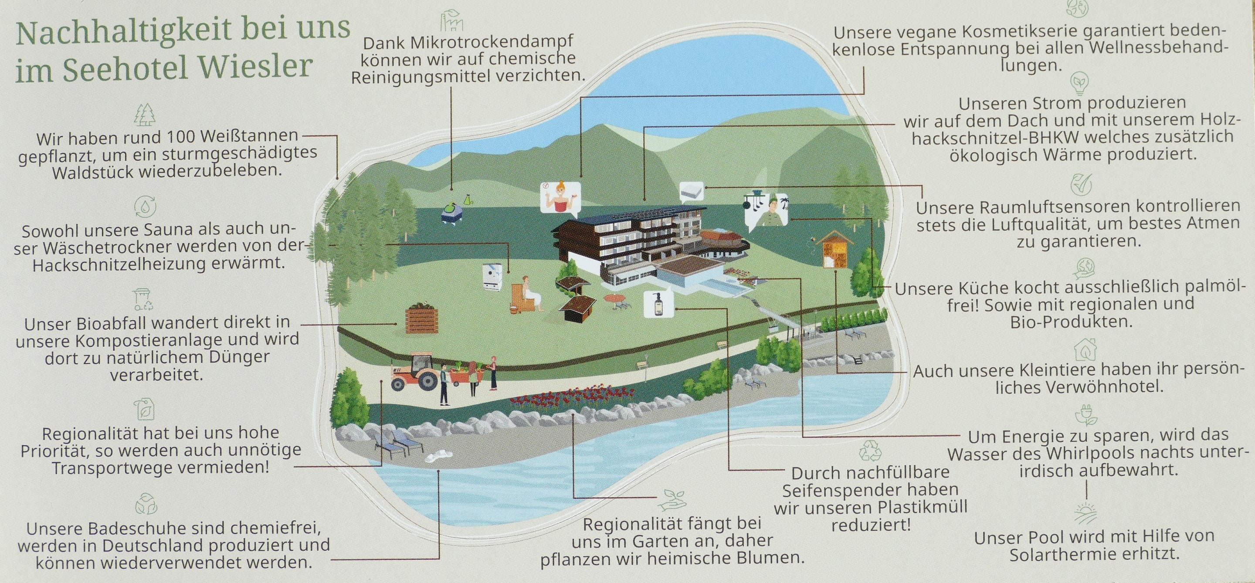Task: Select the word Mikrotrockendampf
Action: click(468, 42)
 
